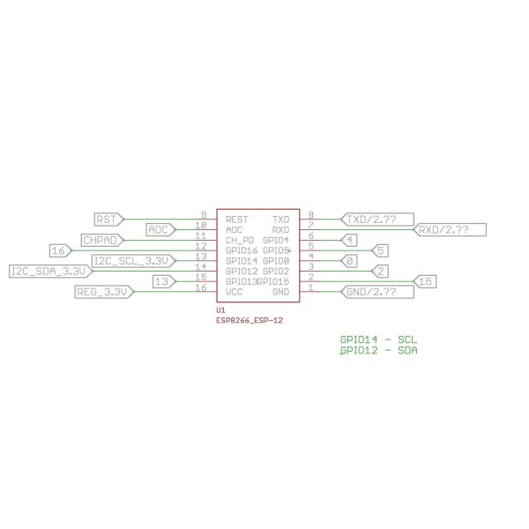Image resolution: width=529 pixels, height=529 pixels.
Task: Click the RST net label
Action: [109, 220]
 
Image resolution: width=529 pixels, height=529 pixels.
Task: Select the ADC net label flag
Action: [160, 230]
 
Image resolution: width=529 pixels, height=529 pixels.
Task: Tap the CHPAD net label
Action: [102, 240]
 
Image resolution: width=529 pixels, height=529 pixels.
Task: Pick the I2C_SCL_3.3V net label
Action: [134, 261]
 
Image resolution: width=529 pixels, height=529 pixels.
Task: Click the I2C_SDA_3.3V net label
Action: [51, 272]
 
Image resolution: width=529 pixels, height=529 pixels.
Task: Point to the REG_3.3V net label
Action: [105, 292]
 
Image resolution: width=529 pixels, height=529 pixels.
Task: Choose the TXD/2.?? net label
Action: [377, 220]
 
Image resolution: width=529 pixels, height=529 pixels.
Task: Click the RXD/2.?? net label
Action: [450, 230]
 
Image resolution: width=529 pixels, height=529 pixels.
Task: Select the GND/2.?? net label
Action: [377, 292]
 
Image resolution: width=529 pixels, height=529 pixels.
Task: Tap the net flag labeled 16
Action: [61, 250]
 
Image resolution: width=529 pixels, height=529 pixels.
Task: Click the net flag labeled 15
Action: [424, 281]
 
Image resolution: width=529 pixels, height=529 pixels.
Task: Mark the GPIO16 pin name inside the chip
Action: [242, 250]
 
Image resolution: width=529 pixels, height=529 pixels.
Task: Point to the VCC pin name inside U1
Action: [234, 292]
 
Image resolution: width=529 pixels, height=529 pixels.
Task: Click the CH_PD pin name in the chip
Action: [240, 241]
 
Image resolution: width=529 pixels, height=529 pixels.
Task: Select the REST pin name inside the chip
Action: [237, 220]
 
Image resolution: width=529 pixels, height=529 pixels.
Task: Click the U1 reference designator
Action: [220, 310]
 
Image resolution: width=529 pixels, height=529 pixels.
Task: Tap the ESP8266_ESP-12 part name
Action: [250, 320]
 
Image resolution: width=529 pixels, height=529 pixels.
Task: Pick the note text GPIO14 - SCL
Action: [378, 339]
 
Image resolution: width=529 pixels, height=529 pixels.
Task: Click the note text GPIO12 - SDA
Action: [378, 350]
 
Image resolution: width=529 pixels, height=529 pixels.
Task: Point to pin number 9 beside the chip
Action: [204, 215]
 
